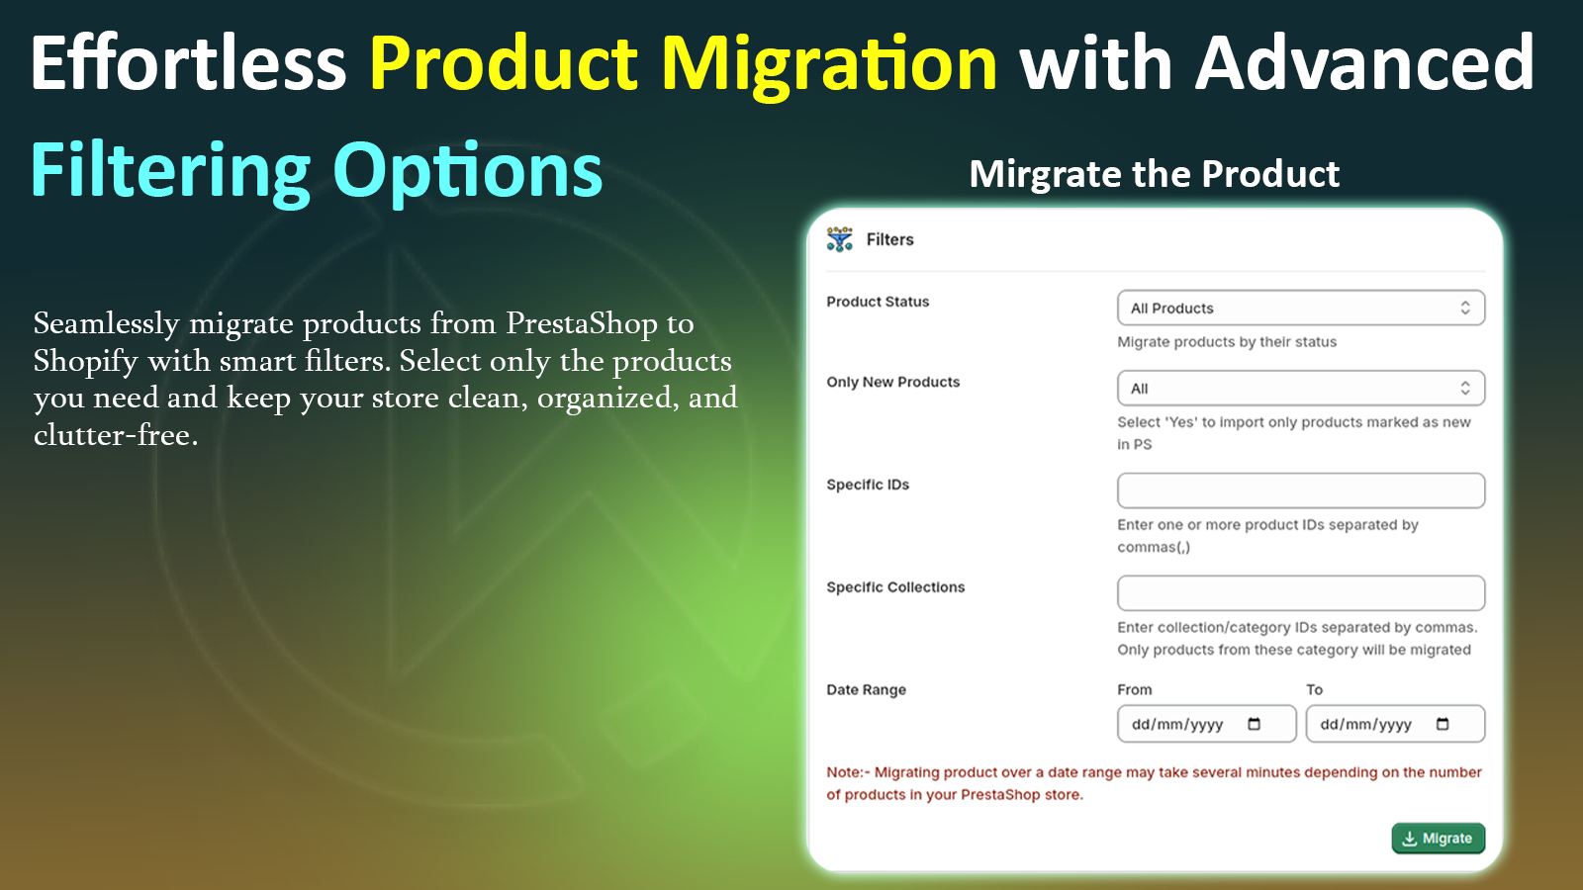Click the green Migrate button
[1438, 838]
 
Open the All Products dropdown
[1300, 308]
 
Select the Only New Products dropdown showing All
[1300, 388]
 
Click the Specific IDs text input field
[1300, 490]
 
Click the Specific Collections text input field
[1300, 593]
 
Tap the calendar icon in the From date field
[1255, 724]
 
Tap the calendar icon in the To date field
[1443, 724]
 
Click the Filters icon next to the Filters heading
[840, 239]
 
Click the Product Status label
[878, 302]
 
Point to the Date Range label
[866, 689]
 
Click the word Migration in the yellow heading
[829, 64]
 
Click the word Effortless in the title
[188, 64]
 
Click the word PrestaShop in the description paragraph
[581, 323]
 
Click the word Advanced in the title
[1364, 64]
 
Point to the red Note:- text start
[848, 772]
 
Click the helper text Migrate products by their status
[1226, 341]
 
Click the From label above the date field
[1134, 689]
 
